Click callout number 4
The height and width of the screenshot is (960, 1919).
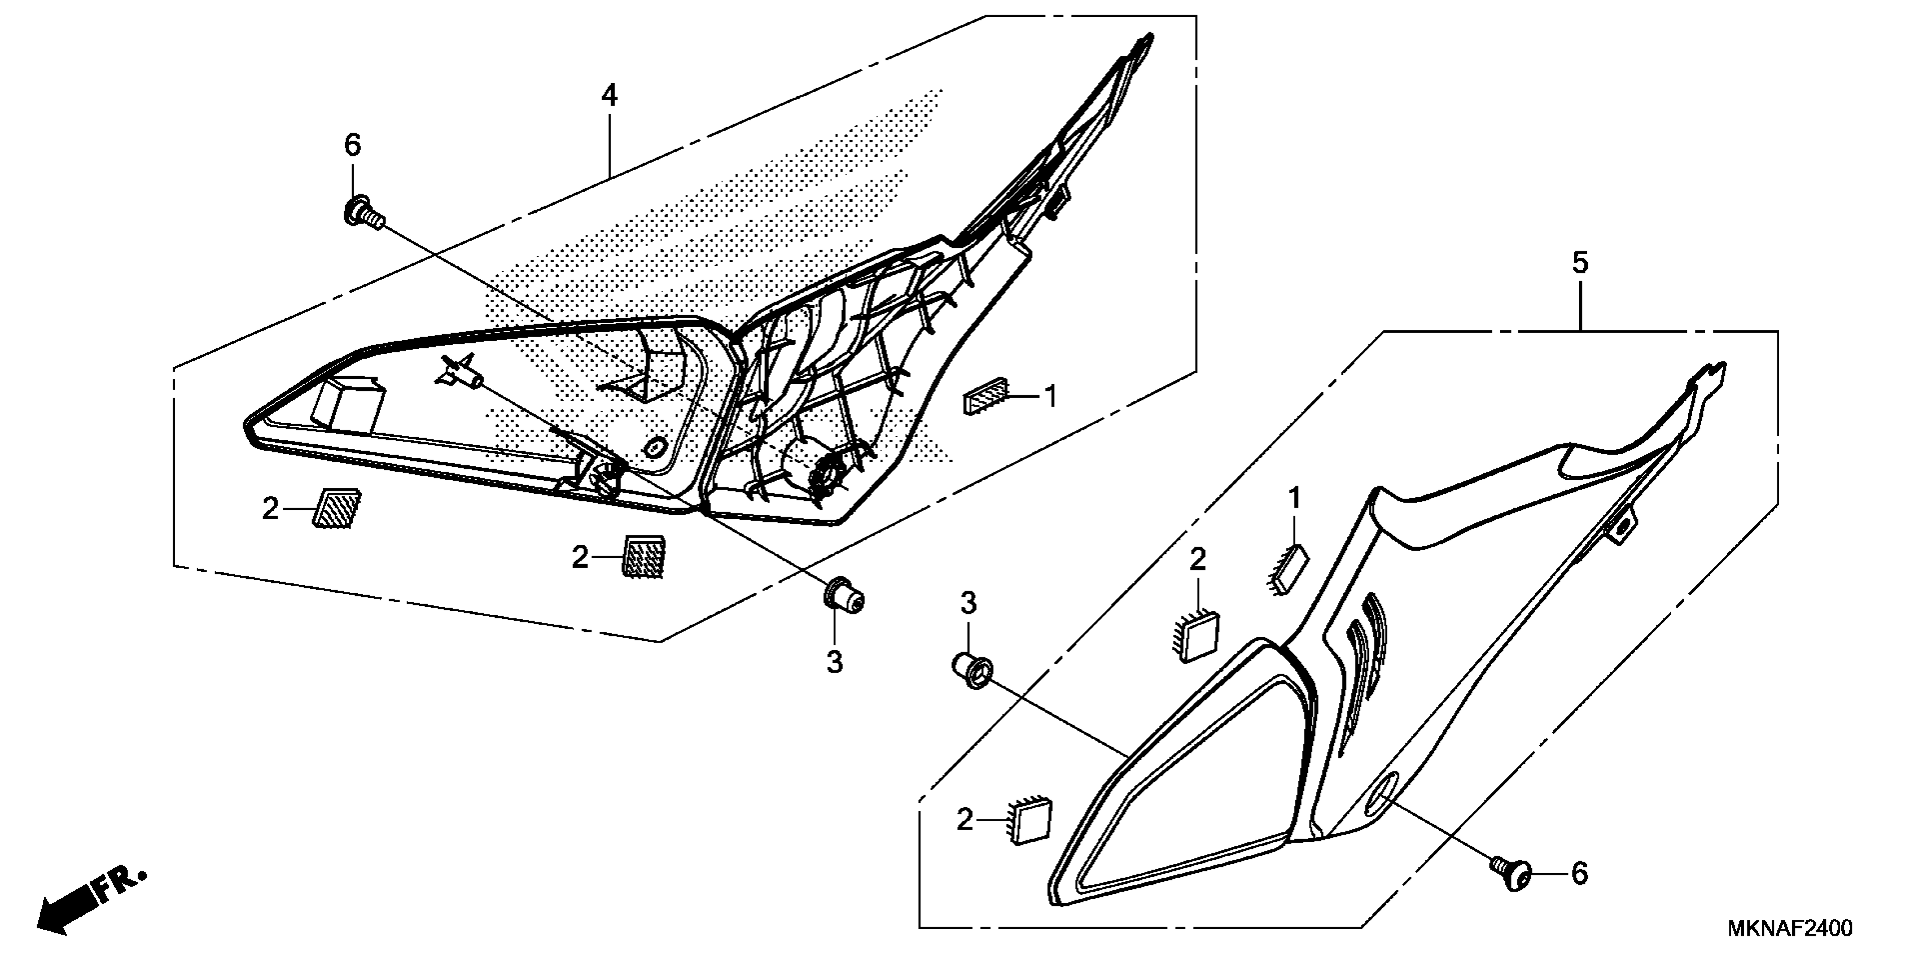[x=610, y=96]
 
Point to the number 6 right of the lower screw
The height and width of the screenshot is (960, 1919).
[x=1579, y=874]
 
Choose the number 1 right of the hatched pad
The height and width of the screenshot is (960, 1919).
[x=1050, y=397]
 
